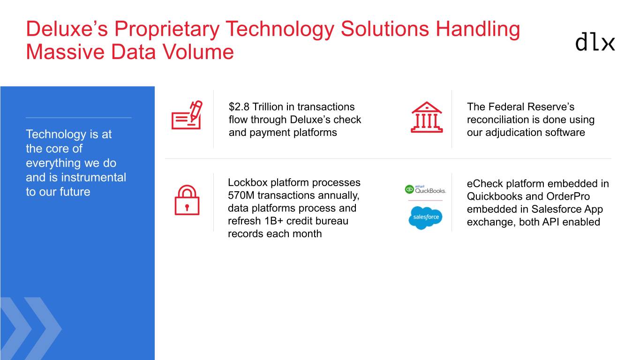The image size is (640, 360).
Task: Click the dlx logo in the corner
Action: click(595, 42)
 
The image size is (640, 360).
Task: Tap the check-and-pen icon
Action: click(187, 115)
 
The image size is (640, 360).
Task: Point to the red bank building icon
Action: click(427, 117)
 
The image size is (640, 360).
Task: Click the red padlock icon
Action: click(187, 200)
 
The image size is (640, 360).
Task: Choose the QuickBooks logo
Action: click(425, 189)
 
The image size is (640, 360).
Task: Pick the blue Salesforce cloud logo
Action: click(425, 217)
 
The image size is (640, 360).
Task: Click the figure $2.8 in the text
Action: click(239, 107)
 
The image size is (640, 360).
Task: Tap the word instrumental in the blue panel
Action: click(93, 178)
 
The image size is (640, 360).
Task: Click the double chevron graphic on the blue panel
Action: click(31, 328)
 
